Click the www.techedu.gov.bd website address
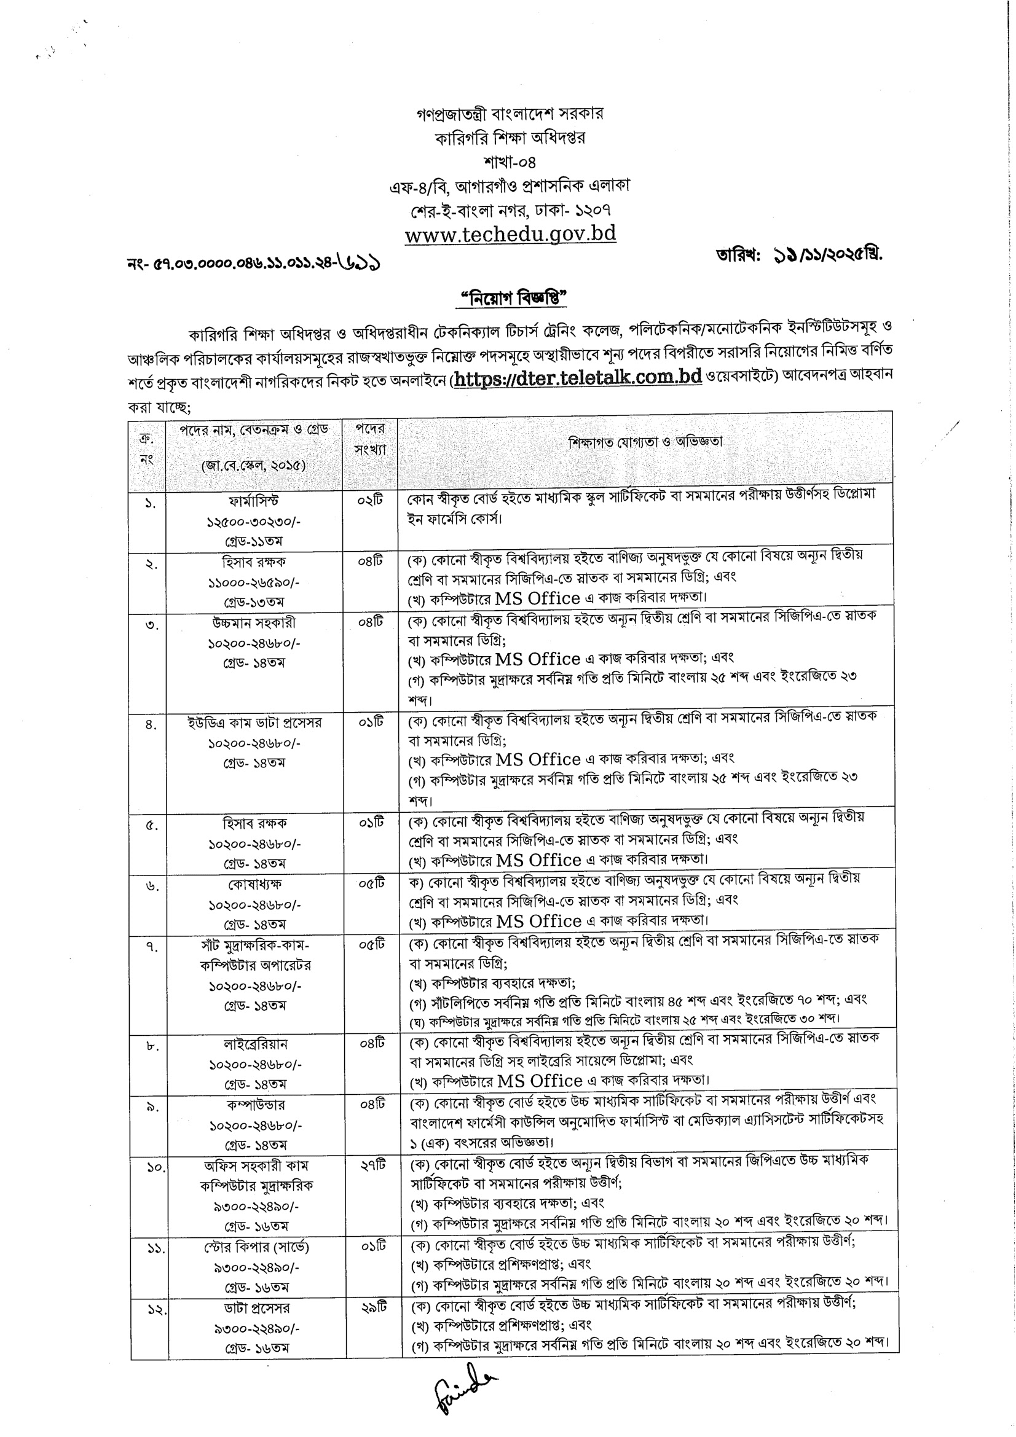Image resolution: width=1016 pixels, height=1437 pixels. click(x=510, y=233)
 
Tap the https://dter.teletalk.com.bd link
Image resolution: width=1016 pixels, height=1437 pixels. click(x=577, y=378)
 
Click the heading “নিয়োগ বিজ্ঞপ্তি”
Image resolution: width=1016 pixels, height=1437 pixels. click(x=510, y=299)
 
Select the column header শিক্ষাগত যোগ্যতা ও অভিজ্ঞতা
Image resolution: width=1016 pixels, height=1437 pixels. click(x=645, y=442)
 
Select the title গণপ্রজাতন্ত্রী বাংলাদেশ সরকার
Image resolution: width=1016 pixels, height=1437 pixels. click(x=510, y=113)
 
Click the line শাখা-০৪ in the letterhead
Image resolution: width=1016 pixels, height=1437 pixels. click(x=510, y=162)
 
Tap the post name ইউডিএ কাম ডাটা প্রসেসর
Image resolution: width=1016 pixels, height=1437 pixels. click(x=255, y=722)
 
